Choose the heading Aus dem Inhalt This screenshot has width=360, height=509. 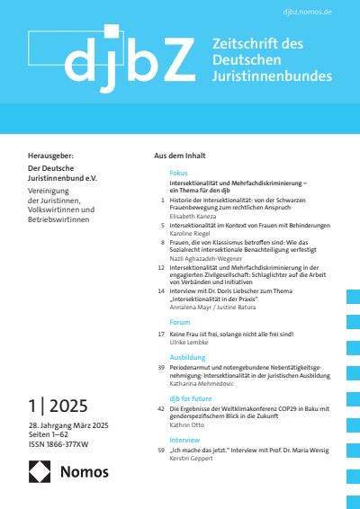pos(184,158)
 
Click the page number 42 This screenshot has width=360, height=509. pos(161,408)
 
